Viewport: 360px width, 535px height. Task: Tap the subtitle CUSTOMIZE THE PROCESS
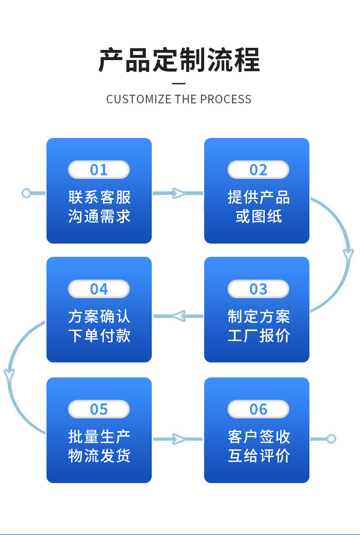(179, 99)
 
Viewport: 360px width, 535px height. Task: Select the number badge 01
(99, 170)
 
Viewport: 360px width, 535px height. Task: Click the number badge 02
(258, 170)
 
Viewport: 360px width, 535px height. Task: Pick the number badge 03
(258, 289)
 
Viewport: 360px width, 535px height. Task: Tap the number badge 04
(99, 289)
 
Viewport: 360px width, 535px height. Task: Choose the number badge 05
(99, 409)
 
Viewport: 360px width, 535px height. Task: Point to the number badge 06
(258, 409)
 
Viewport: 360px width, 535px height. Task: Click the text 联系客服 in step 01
(99, 197)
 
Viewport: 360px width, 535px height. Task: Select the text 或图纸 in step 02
(258, 216)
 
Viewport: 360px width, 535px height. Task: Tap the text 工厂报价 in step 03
(258, 336)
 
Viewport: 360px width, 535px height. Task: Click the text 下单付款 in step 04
(99, 336)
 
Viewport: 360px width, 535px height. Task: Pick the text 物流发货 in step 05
(99, 455)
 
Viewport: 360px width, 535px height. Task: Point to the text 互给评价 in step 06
(258, 455)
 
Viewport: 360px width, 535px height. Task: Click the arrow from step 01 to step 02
(178, 194)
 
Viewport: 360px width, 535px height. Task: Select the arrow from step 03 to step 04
(178, 316)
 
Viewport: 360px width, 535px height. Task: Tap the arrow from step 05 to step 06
(178, 439)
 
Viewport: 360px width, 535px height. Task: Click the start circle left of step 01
(26, 194)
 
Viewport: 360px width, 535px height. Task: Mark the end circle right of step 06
(331, 439)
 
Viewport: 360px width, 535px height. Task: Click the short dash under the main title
(179, 84)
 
